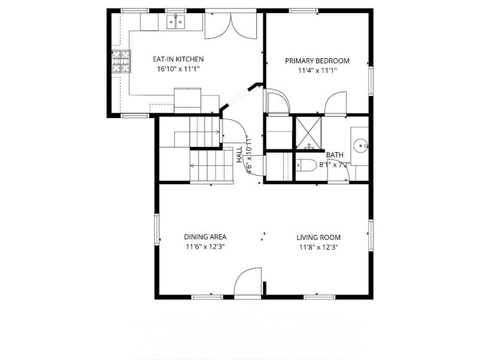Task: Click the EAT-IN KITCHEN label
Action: tap(178, 59)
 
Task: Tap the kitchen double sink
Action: tap(176, 22)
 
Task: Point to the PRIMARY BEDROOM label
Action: tap(317, 61)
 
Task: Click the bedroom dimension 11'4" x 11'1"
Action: tap(317, 70)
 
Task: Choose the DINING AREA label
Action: tap(205, 237)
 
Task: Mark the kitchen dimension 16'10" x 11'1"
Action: tap(178, 69)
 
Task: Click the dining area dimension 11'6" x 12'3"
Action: tap(205, 247)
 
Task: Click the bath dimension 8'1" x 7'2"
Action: tap(334, 164)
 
